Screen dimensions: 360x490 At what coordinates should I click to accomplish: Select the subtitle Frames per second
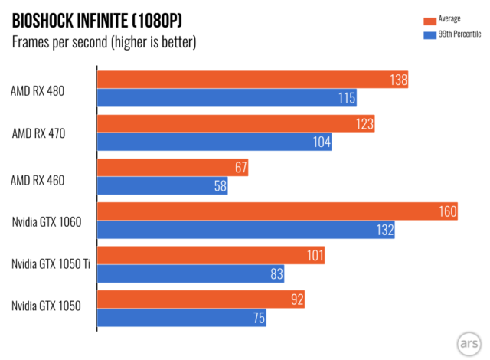(104, 42)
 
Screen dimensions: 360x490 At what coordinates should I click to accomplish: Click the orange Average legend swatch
(431, 20)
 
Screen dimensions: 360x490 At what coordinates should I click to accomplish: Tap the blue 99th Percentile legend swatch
(431, 34)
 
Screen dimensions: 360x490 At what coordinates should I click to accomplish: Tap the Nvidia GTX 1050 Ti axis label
(51, 264)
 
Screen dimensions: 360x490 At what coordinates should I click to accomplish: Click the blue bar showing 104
(214, 142)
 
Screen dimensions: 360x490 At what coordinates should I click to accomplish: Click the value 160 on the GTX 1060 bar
(446, 211)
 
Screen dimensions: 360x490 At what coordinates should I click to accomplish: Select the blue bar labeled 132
(246, 230)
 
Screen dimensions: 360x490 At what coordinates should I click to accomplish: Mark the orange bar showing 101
(211, 255)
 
